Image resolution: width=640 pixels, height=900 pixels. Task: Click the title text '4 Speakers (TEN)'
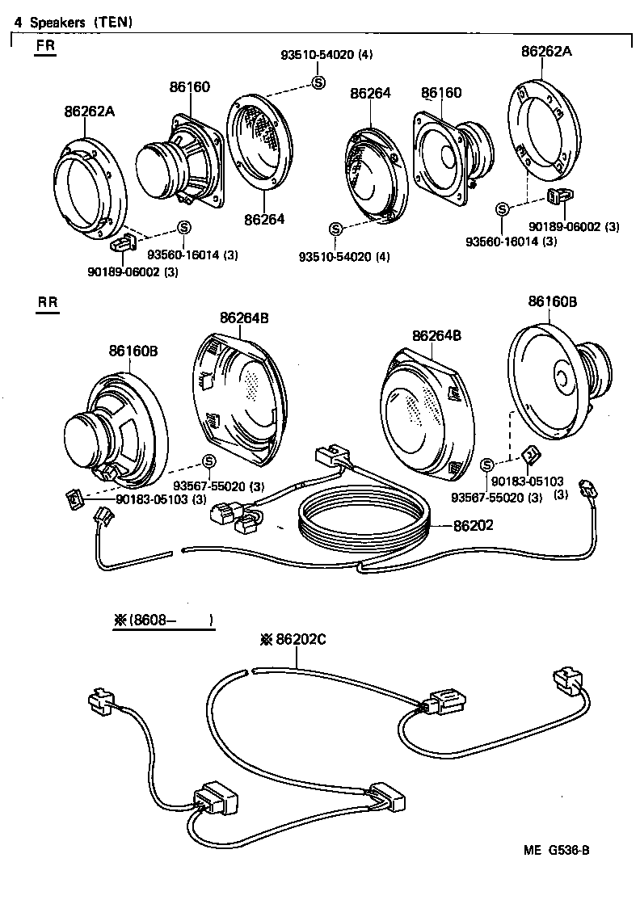pyautogui.click(x=74, y=23)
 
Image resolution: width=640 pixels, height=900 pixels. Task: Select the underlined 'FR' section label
pyautogui.click(x=46, y=46)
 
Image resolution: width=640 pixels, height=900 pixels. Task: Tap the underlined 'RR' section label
pyautogui.click(x=47, y=303)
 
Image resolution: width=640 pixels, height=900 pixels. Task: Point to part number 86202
pyautogui.click(x=474, y=524)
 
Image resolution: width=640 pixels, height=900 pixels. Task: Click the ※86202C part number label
pyautogui.click(x=293, y=638)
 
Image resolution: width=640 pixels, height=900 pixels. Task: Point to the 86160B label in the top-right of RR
pyautogui.click(x=552, y=301)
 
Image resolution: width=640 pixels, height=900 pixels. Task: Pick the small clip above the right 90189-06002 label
pyautogui.click(x=558, y=196)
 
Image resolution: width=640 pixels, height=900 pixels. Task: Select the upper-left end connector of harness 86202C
pyautogui.click(x=101, y=701)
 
